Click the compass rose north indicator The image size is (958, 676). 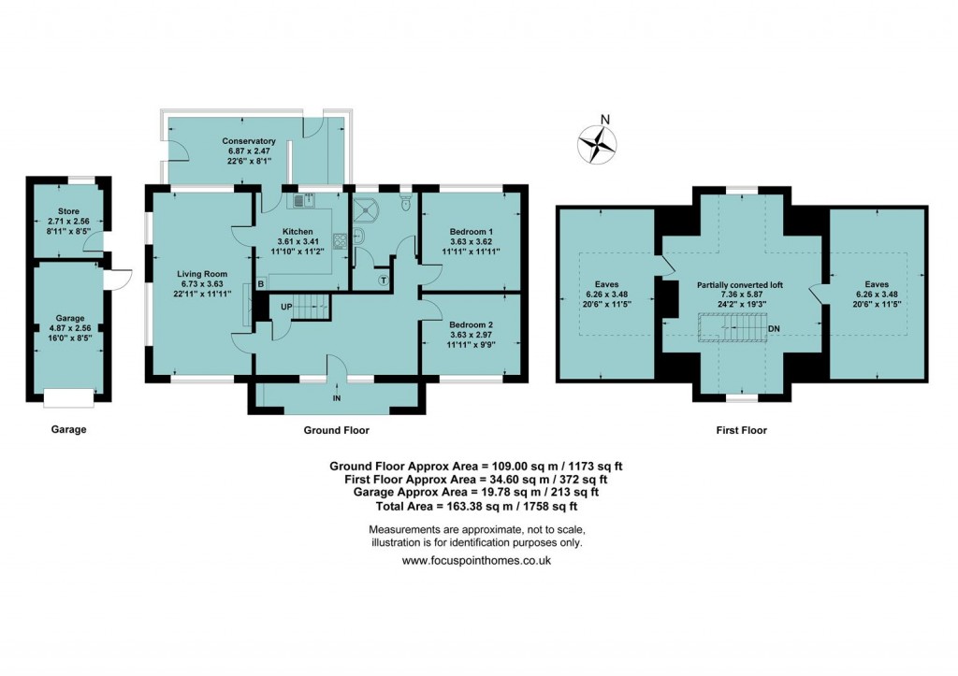pos(597,143)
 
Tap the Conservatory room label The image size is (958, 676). pos(223,141)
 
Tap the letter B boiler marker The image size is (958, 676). pos(261,283)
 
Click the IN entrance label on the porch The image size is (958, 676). pos(337,398)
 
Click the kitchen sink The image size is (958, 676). pos(303,199)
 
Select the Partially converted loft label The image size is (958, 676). pos(740,285)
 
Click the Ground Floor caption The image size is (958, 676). pos(337,430)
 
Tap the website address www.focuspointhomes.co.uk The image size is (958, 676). pos(476,561)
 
